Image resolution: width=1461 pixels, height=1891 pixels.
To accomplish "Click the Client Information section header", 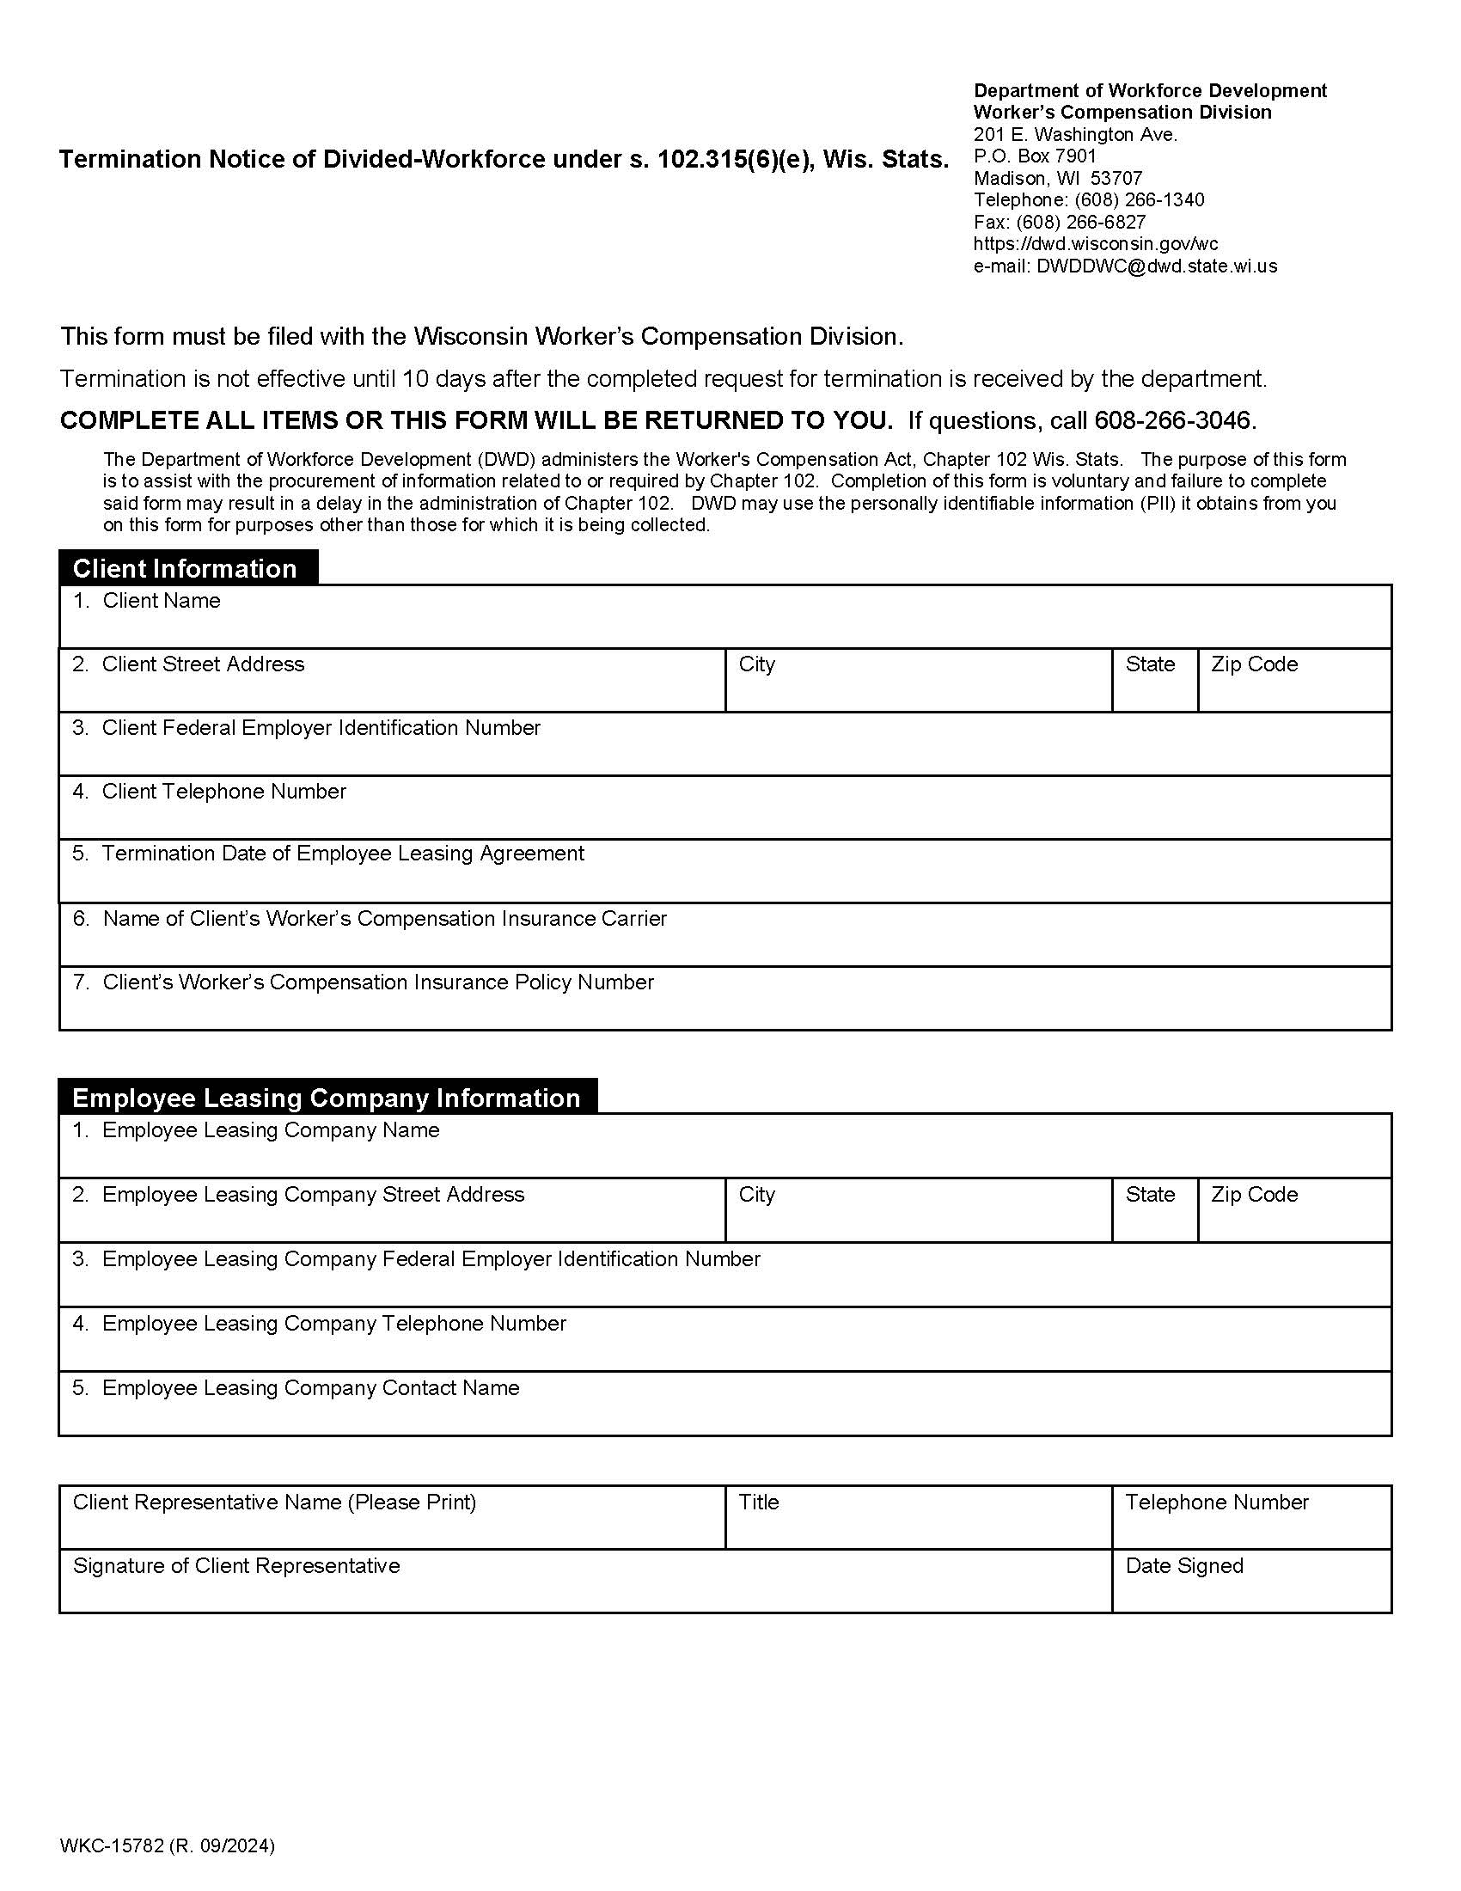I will point(185,568).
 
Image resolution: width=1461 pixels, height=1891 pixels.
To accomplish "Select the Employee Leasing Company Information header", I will point(327,1097).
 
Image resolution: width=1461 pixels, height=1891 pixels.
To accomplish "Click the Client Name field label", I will point(161,600).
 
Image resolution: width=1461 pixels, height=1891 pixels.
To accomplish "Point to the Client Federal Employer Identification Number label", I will point(321,727).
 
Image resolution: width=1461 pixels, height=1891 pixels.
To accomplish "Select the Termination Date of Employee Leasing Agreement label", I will point(343,853).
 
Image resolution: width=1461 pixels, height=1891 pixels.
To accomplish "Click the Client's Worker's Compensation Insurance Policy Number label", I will point(377,982).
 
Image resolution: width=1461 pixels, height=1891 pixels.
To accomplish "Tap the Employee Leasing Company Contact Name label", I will point(310,1387).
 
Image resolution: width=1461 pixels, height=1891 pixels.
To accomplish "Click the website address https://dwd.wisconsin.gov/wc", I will point(1095,244).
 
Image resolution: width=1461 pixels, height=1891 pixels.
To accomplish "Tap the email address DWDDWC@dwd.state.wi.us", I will point(1155,266).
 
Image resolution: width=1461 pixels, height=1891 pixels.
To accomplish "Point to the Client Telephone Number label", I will point(223,791).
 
